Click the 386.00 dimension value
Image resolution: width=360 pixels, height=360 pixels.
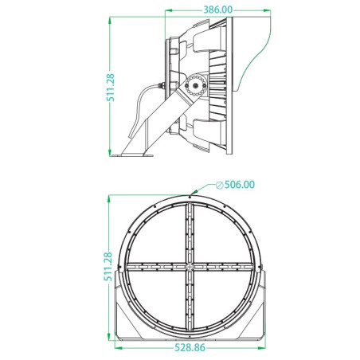pos(217,10)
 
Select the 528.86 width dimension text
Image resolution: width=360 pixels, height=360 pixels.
pos(190,347)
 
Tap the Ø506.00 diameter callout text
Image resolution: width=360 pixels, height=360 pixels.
pos(235,185)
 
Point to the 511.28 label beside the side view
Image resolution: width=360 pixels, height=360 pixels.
pos(111,88)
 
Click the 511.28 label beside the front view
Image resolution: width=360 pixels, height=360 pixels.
pos(108,267)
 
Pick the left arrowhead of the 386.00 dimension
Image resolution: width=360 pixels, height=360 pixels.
pos(169,10)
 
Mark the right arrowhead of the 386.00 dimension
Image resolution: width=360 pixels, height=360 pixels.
pos(267,10)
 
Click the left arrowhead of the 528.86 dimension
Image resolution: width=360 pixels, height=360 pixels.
pos(119,348)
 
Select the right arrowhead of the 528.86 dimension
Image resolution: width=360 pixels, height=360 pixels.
pos(262,348)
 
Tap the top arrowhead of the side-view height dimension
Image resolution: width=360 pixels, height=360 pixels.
pos(110,20)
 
